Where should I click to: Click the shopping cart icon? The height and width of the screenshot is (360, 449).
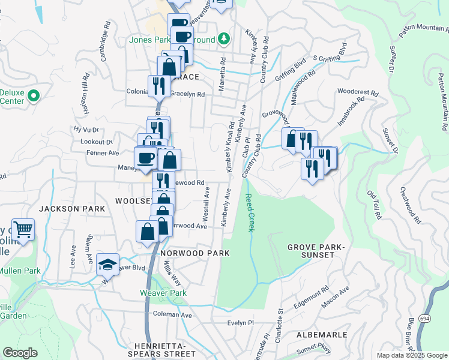[x=23, y=229]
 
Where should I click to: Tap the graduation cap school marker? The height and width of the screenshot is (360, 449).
[x=107, y=264]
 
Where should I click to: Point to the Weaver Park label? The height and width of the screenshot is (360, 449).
[x=163, y=293]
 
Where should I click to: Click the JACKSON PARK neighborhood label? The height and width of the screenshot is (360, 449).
[x=72, y=209]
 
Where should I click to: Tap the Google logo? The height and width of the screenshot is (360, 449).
[x=20, y=352]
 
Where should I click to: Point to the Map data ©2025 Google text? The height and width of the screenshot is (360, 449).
[x=412, y=355]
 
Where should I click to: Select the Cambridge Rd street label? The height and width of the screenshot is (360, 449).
[x=105, y=42]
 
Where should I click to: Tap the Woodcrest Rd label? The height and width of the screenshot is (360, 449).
[x=358, y=94]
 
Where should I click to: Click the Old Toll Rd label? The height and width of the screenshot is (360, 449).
[x=374, y=204]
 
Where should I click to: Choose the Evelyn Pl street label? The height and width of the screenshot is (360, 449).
[x=241, y=323]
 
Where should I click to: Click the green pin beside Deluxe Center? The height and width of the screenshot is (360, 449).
[x=34, y=95]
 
